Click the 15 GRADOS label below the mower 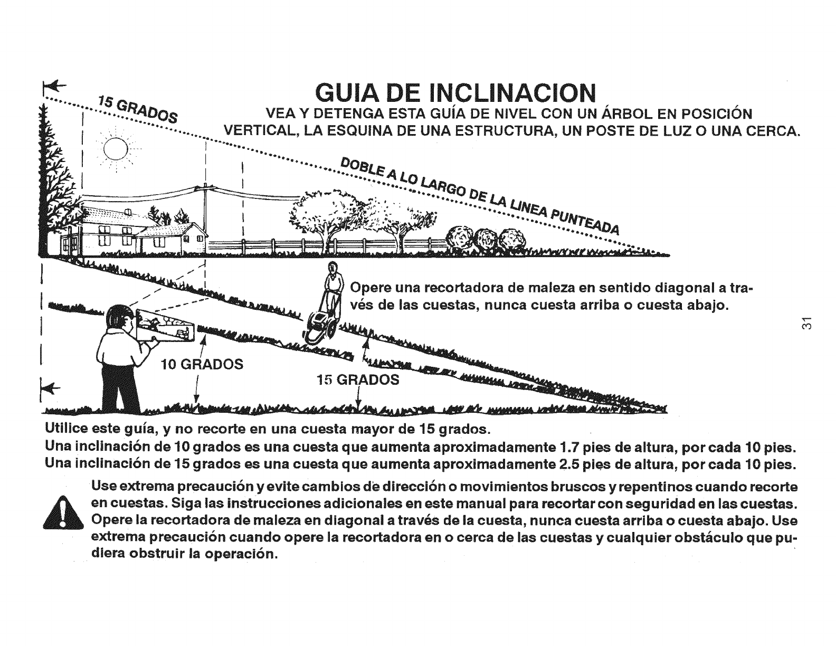tap(357, 379)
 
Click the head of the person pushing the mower tap(332, 269)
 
